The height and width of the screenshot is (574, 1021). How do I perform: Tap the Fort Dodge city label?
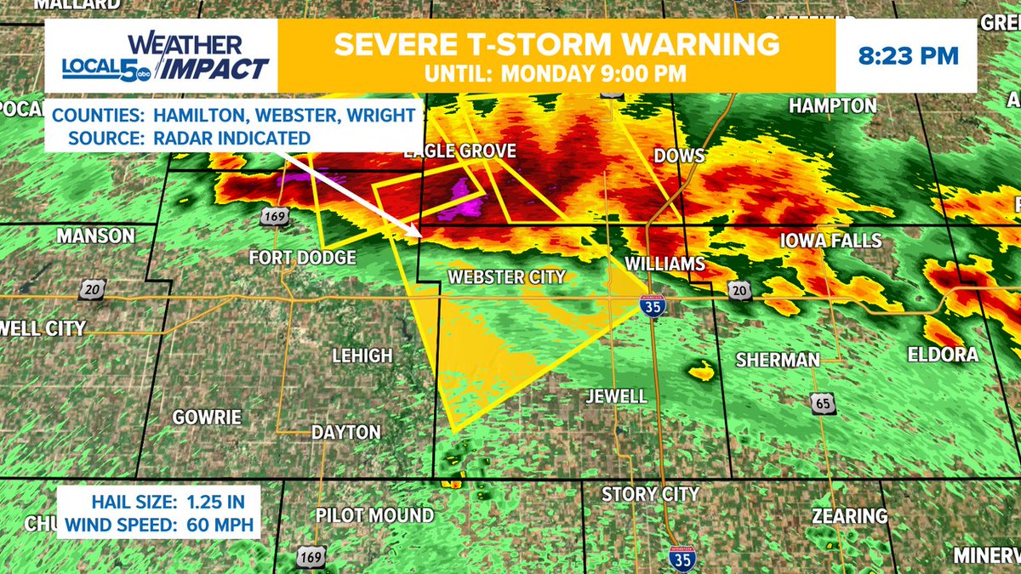pos(301,257)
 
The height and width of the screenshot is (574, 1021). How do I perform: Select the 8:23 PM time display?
pos(907,57)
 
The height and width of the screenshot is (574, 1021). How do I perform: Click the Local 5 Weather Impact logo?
pos(166,57)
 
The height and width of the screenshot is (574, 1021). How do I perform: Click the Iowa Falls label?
pos(831,242)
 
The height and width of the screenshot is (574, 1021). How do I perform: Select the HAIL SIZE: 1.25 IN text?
pos(157,503)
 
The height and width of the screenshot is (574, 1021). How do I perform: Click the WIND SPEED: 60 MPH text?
pos(157,525)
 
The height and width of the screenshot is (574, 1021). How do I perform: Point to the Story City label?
pos(650,494)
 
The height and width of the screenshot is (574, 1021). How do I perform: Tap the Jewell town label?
pos(616,396)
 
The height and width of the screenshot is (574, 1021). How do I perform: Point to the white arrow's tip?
pos(419,235)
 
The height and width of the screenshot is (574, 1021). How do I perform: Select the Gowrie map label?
pos(207,418)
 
